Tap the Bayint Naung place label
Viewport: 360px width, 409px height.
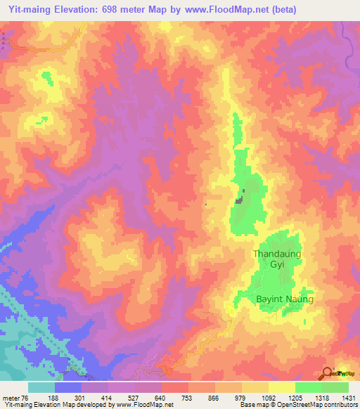click(278, 299)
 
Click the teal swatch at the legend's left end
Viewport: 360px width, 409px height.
click(41, 387)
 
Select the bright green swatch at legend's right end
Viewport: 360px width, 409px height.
click(335, 387)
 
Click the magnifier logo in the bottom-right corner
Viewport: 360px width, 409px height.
click(328, 374)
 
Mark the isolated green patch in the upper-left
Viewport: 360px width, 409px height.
click(47, 77)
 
